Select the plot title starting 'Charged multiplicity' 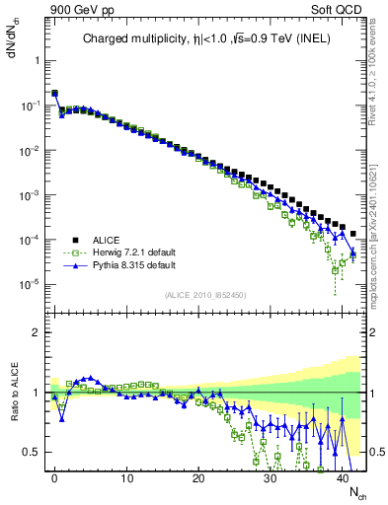(x=207, y=38)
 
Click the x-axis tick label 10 (x=126, y=477)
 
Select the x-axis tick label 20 (x=198, y=477)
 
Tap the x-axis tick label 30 (x=271, y=477)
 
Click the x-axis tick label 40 (x=343, y=477)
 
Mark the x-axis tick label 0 (x=54, y=477)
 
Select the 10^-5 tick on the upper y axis (x=32, y=285)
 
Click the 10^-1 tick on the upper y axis (x=32, y=106)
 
